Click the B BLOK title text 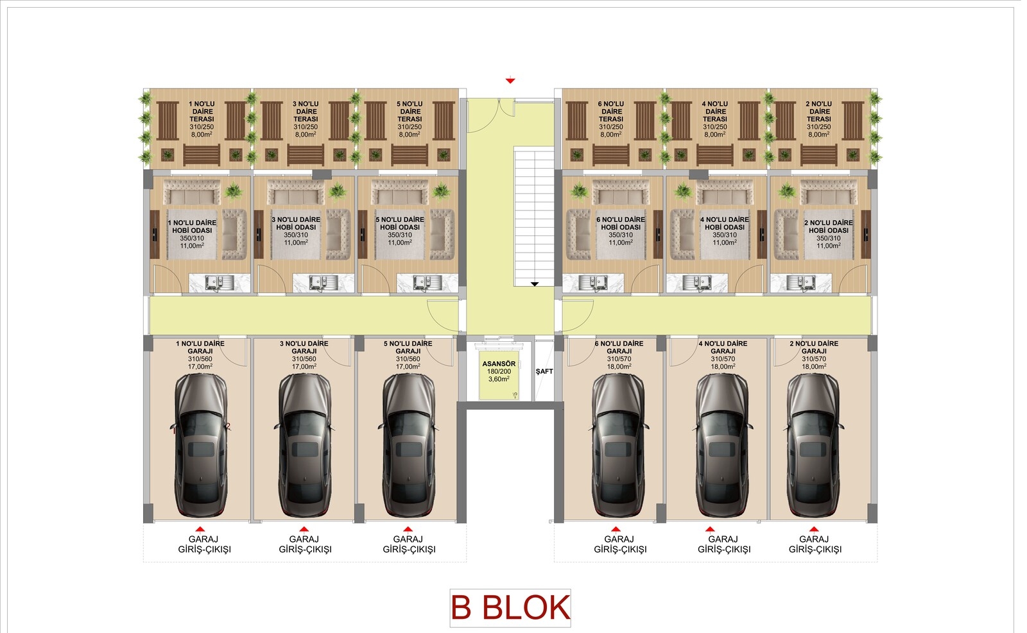[x=510, y=608]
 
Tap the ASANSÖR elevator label [x=499, y=364]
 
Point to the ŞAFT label [x=544, y=371]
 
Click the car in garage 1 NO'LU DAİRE [x=200, y=445]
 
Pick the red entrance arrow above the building [x=510, y=81]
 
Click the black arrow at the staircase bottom [x=535, y=285]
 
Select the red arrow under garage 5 [x=408, y=530]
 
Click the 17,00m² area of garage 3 [x=304, y=367]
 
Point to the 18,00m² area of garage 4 [x=723, y=367]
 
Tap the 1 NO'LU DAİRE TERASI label [x=202, y=112]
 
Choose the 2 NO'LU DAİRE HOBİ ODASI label [x=829, y=226]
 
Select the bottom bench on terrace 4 [x=715, y=155]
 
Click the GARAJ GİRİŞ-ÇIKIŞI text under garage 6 [x=620, y=544]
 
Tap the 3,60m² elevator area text [x=499, y=379]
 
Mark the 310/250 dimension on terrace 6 [x=610, y=127]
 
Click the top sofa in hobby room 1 [x=192, y=192]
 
